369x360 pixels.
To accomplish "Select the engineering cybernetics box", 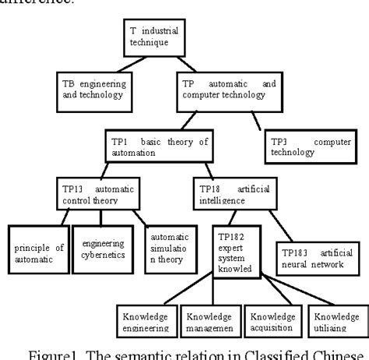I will pos(101,249).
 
